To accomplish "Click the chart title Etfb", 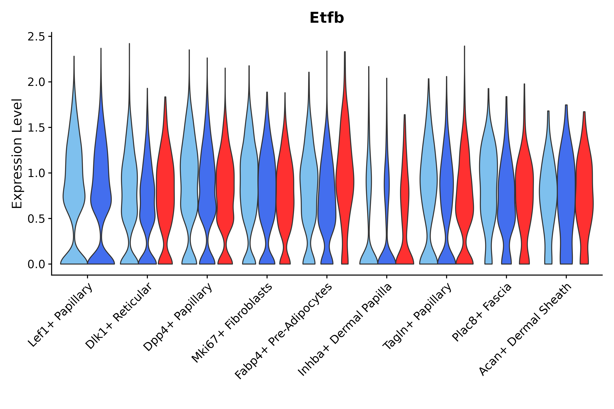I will coord(327,18).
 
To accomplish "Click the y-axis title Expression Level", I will coord(17,153).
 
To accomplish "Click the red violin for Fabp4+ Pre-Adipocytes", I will coord(345,183).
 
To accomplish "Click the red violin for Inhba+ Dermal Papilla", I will coord(405,196).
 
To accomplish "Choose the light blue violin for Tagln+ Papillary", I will coord(428,183).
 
